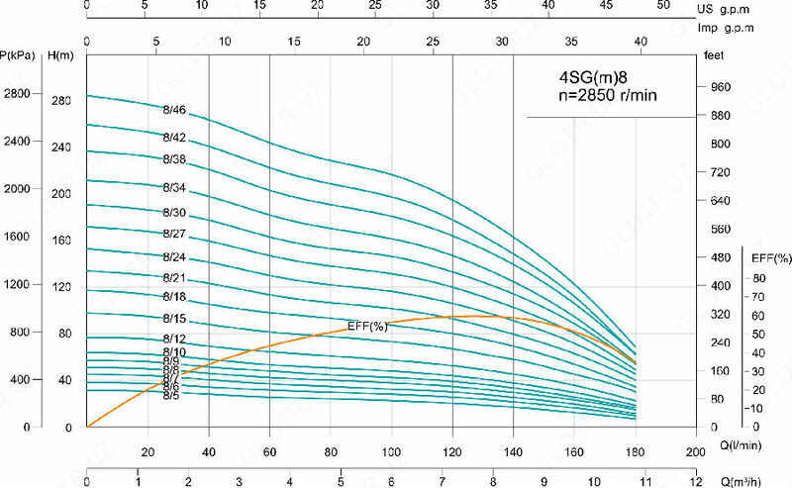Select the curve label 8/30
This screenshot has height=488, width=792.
174,213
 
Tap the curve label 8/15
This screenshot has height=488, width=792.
174,319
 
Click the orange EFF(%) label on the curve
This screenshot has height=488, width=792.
367,327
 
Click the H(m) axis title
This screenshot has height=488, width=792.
61,54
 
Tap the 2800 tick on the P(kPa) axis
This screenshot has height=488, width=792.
20,94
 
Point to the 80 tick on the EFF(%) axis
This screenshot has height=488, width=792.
759,277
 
